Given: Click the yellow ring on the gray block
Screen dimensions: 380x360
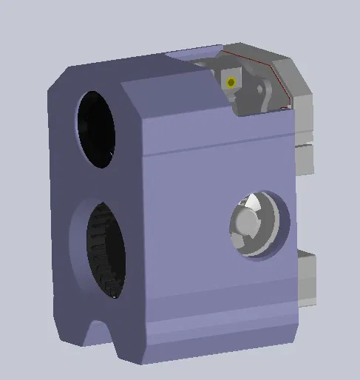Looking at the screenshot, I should coord(231,82).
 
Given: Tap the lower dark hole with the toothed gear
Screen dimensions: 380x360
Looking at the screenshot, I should coord(104,249).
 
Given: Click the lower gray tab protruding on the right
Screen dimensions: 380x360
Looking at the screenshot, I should coord(306,277).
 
